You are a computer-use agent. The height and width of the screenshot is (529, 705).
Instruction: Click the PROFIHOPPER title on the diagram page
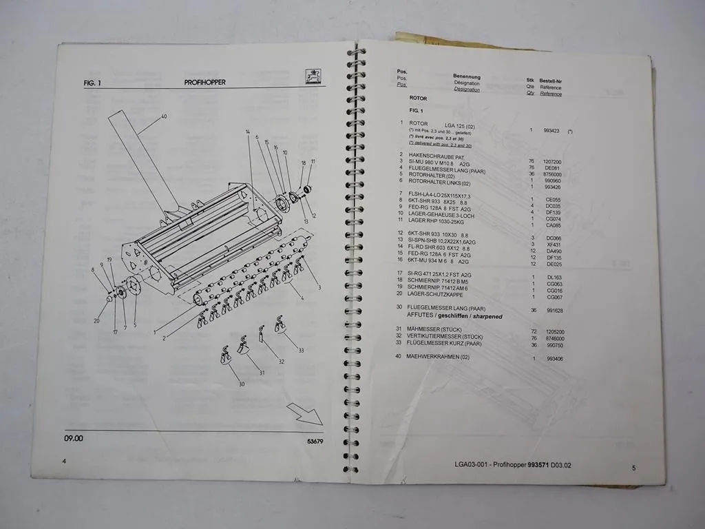[x=204, y=82]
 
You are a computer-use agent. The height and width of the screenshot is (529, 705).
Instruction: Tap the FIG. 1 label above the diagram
[x=92, y=83]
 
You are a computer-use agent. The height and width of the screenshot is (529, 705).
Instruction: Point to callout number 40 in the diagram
[x=164, y=116]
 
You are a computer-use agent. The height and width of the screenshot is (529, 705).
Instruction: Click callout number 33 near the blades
[x=300, y=351]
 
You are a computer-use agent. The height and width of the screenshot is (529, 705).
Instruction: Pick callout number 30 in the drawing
[x=242, y=384]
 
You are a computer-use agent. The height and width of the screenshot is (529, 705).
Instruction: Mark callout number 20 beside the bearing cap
[x=96, y=321]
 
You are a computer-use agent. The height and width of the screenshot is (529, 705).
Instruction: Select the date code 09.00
[x=74, y=438]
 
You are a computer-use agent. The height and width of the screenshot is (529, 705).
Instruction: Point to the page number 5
[x=633, y=468]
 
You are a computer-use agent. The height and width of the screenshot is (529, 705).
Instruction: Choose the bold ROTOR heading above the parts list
[x=418, y=98]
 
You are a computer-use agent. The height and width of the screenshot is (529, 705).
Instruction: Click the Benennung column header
[x=467, y=76]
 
